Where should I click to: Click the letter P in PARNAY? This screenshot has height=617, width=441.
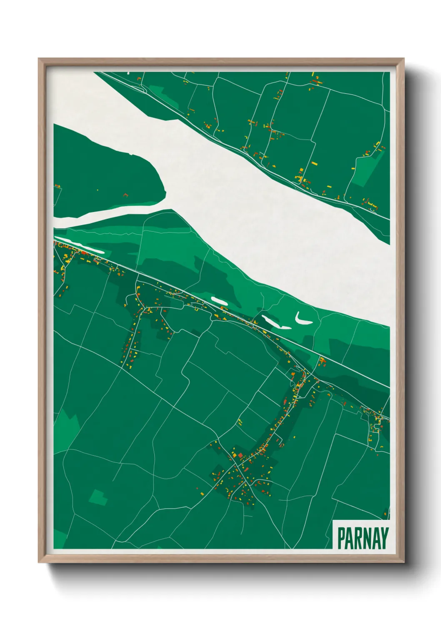(341, 538)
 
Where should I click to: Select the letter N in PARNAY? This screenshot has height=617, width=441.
(368, 538)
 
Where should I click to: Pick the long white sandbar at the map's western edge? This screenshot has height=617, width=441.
(79, 246)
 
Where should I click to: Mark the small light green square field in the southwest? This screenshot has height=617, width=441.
(98, 498)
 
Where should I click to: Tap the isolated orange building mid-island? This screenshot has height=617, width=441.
(125, 194)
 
